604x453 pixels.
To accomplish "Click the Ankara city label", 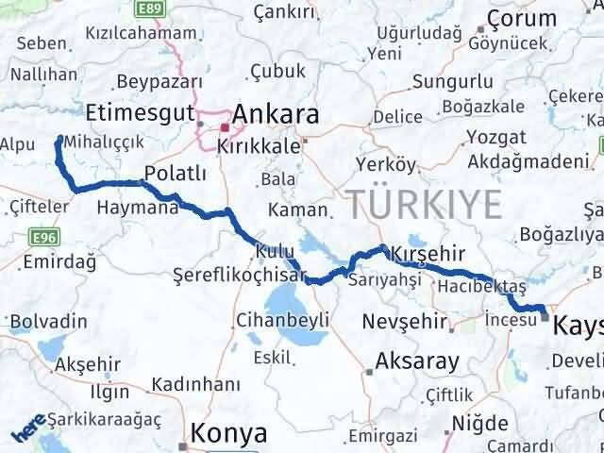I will [274, 114].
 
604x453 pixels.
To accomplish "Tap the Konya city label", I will [228, 432].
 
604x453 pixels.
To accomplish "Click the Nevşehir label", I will [405, 323].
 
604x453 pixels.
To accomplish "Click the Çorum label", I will [523, 18].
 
